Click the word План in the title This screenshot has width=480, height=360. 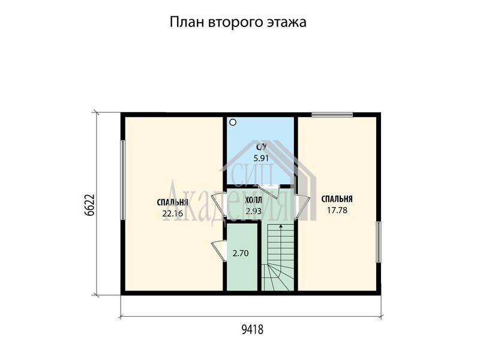click(x=187, y=22)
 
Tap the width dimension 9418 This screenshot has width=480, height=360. click(x=252, y=329)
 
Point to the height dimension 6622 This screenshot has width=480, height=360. click(x=89, y=205)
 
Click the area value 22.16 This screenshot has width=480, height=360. click(x=173, y=214)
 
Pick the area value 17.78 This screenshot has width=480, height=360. click(x=337, y=211)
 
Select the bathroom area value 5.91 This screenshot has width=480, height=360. click(x=261, y=158)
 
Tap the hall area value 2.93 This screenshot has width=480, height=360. click(x=253, y=211)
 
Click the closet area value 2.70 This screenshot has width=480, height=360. click(x=241, y=253)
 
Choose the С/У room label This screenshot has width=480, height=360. click(x=261, y=147)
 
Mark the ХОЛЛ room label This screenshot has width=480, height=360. click(x=253, y=200)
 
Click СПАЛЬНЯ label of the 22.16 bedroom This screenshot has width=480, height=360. click(x=172, y=203)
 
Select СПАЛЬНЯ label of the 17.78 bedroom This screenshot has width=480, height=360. click(x=337, y=199)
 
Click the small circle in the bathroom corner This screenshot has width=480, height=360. click(x=233, y=122)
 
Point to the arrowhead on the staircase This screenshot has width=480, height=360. click(x=280, y=227)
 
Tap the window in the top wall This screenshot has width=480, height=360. click(x=332, y=115)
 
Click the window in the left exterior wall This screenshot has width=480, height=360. click(x=123, y=180)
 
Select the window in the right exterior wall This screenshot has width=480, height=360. click(x=379, y=242)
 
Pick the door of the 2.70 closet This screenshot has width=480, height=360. click(x=219, y=250)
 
